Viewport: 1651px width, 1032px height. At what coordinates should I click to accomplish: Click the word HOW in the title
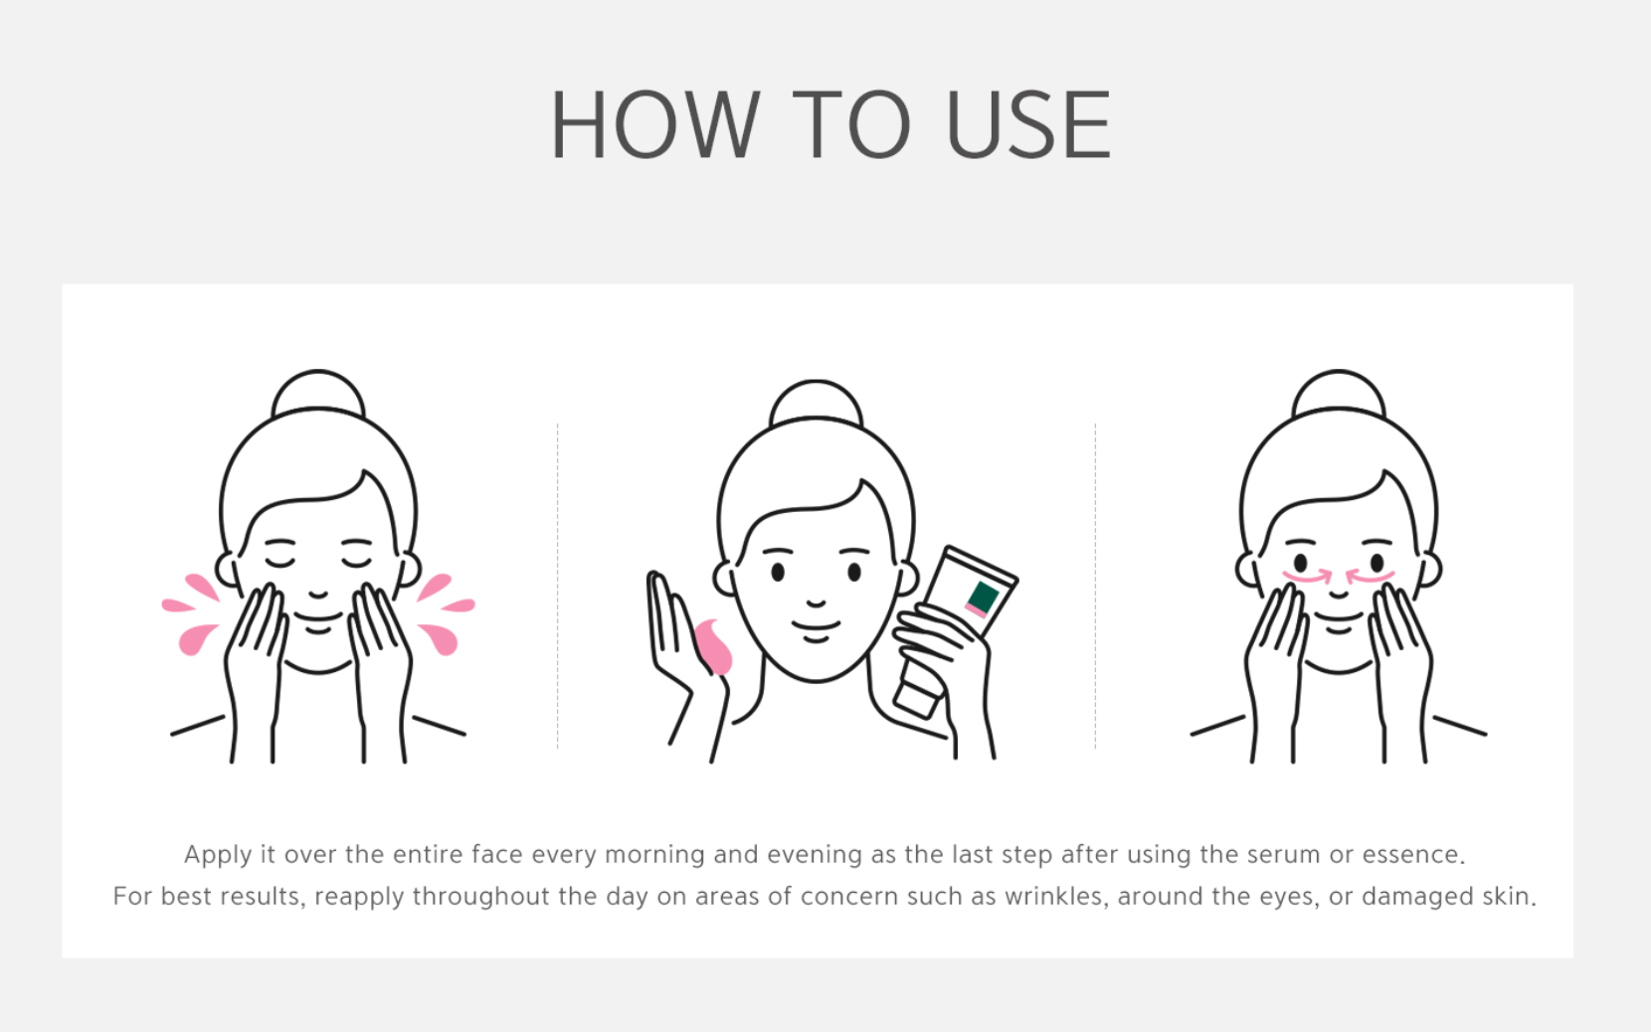point(655,123)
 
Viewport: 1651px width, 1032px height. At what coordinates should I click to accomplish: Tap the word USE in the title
point(1028,123)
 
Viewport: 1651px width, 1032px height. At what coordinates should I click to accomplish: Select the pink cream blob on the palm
point(713,647)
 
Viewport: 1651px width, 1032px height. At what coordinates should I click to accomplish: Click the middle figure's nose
point(816,603)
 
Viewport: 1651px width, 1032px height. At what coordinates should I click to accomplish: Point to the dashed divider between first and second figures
point(557,586)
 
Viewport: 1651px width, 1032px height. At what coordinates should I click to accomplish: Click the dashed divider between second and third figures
point(1095,586)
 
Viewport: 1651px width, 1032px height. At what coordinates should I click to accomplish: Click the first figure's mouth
point(318,616)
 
